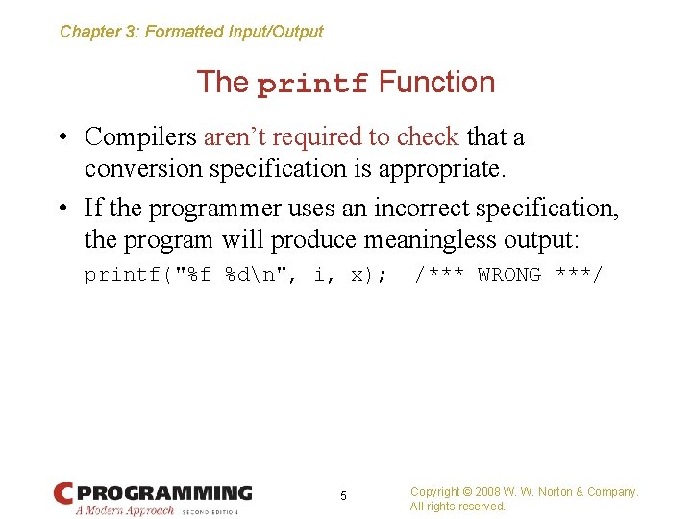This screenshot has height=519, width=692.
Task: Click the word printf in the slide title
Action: click(x=313, y=85)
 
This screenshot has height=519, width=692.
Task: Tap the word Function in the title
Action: click(x=436, y=83)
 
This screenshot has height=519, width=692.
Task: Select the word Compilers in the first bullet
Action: click(x=140, y=137)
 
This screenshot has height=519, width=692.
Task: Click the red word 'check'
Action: click(x=428, y=137)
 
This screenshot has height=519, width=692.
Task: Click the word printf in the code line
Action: click(x=122, y=275)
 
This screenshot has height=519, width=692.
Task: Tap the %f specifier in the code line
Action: click(x=200, y=275)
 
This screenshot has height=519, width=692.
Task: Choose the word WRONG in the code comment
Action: click(x=509, y=275)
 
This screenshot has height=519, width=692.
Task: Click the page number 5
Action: click(x=344, y=496)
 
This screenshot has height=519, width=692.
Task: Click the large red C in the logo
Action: click(x=63, y=494)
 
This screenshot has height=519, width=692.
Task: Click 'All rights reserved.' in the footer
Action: click(x=457, y=507)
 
